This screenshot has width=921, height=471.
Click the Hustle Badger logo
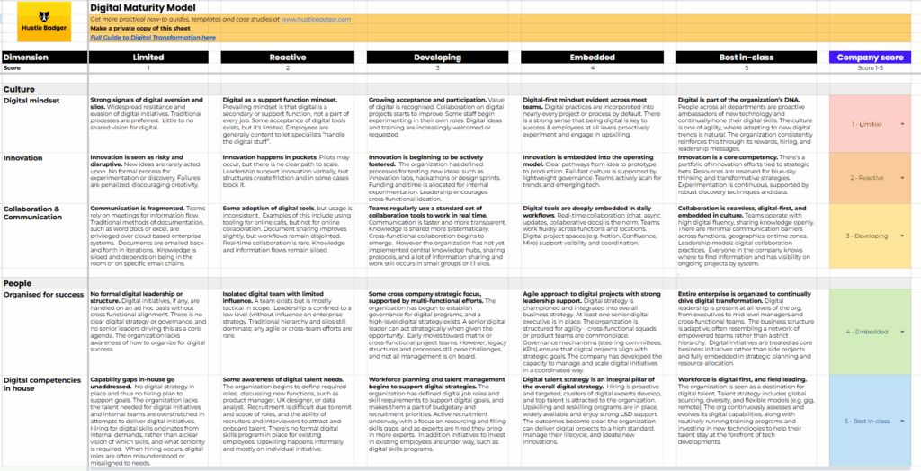[x=43, y=22]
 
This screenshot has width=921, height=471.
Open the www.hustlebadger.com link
[x=316, y=18]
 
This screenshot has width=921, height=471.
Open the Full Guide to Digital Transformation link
[x=153, y=38]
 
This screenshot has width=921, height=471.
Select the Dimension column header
[x=32, y=57]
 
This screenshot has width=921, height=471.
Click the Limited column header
[x=149, y=57]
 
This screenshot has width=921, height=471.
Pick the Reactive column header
[x=287, y=57]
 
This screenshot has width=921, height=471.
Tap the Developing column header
[x=437, y=57]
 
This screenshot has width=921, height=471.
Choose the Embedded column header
[x=593, y=57]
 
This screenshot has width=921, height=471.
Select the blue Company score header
[x=870, y=57]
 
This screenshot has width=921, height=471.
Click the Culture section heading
[x=20, y=89]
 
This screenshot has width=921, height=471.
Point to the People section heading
[x=19, y=283]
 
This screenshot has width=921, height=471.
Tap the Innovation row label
[x=24, y=157]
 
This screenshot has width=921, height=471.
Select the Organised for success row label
[x=43, y=294]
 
